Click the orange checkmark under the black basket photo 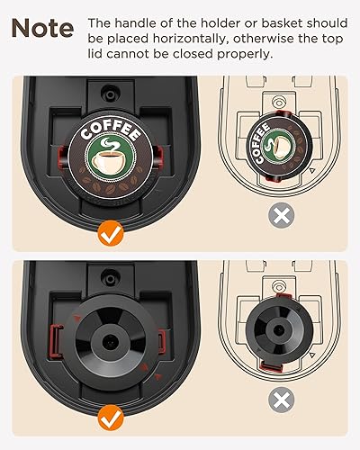(x=112, y=417)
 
